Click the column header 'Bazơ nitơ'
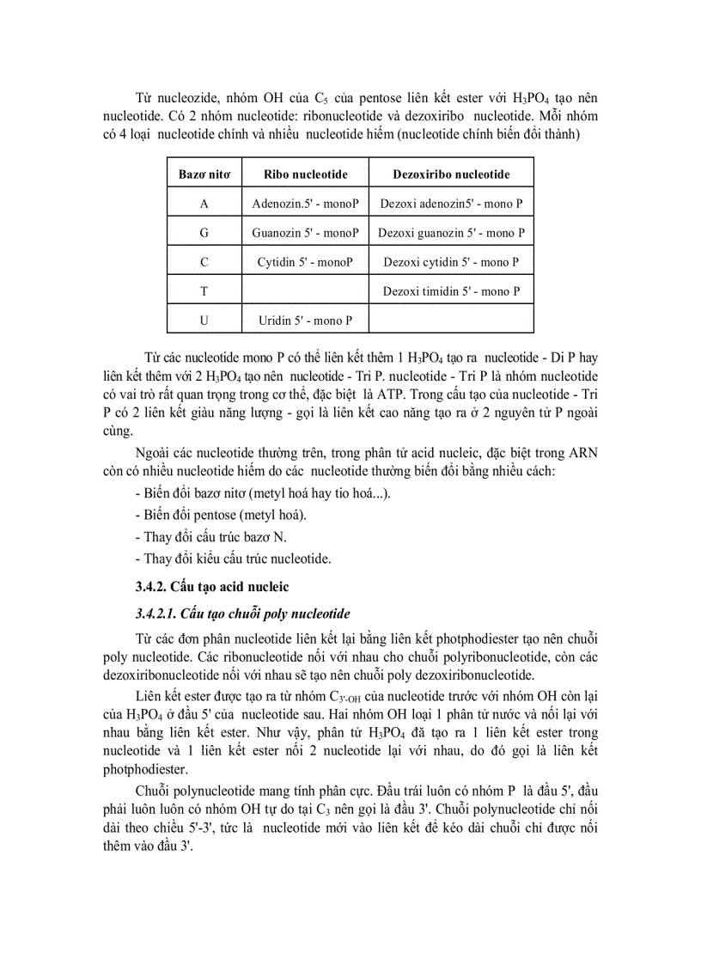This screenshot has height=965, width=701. coord(204,174)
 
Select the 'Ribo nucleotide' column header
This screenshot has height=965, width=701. coord(306,174)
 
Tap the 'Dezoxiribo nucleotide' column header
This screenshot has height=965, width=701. coord(451,174)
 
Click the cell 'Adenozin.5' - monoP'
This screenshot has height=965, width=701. coord(306,204)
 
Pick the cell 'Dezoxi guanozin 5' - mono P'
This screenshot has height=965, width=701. coord(451,233)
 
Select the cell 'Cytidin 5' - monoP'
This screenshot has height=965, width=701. coord(306,262)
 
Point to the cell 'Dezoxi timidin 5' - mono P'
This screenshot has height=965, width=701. coord(451,291)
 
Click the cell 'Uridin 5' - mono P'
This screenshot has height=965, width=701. coord(306,321)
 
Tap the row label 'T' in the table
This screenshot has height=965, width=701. coord(204,291)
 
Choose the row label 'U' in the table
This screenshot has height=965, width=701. coord(204,321)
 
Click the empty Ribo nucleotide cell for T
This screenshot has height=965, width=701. coord(306,291)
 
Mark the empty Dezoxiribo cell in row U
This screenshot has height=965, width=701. coord(451,321)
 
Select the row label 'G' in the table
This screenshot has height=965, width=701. coord(204,233)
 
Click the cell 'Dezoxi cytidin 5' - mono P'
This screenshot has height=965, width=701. coord(451,262)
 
